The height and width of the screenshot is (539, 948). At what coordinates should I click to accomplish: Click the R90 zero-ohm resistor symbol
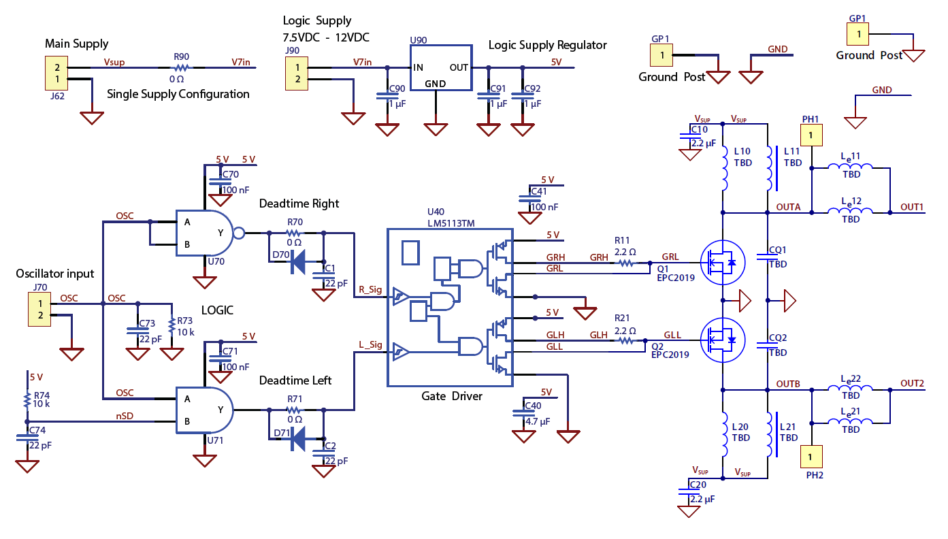point(181,68)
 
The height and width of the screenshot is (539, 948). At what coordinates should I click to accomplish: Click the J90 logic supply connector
point(297,73)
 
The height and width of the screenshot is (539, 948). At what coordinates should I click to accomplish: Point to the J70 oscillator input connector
point(39,310)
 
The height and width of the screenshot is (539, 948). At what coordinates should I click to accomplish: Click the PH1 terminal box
point(811,135)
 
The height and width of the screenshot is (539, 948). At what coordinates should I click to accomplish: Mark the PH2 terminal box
point(811,455)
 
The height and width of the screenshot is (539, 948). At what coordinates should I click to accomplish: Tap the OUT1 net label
point(913,207)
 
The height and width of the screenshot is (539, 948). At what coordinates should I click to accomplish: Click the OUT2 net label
point(913,383)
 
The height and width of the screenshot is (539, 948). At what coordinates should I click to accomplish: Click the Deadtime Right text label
point(299,203)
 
